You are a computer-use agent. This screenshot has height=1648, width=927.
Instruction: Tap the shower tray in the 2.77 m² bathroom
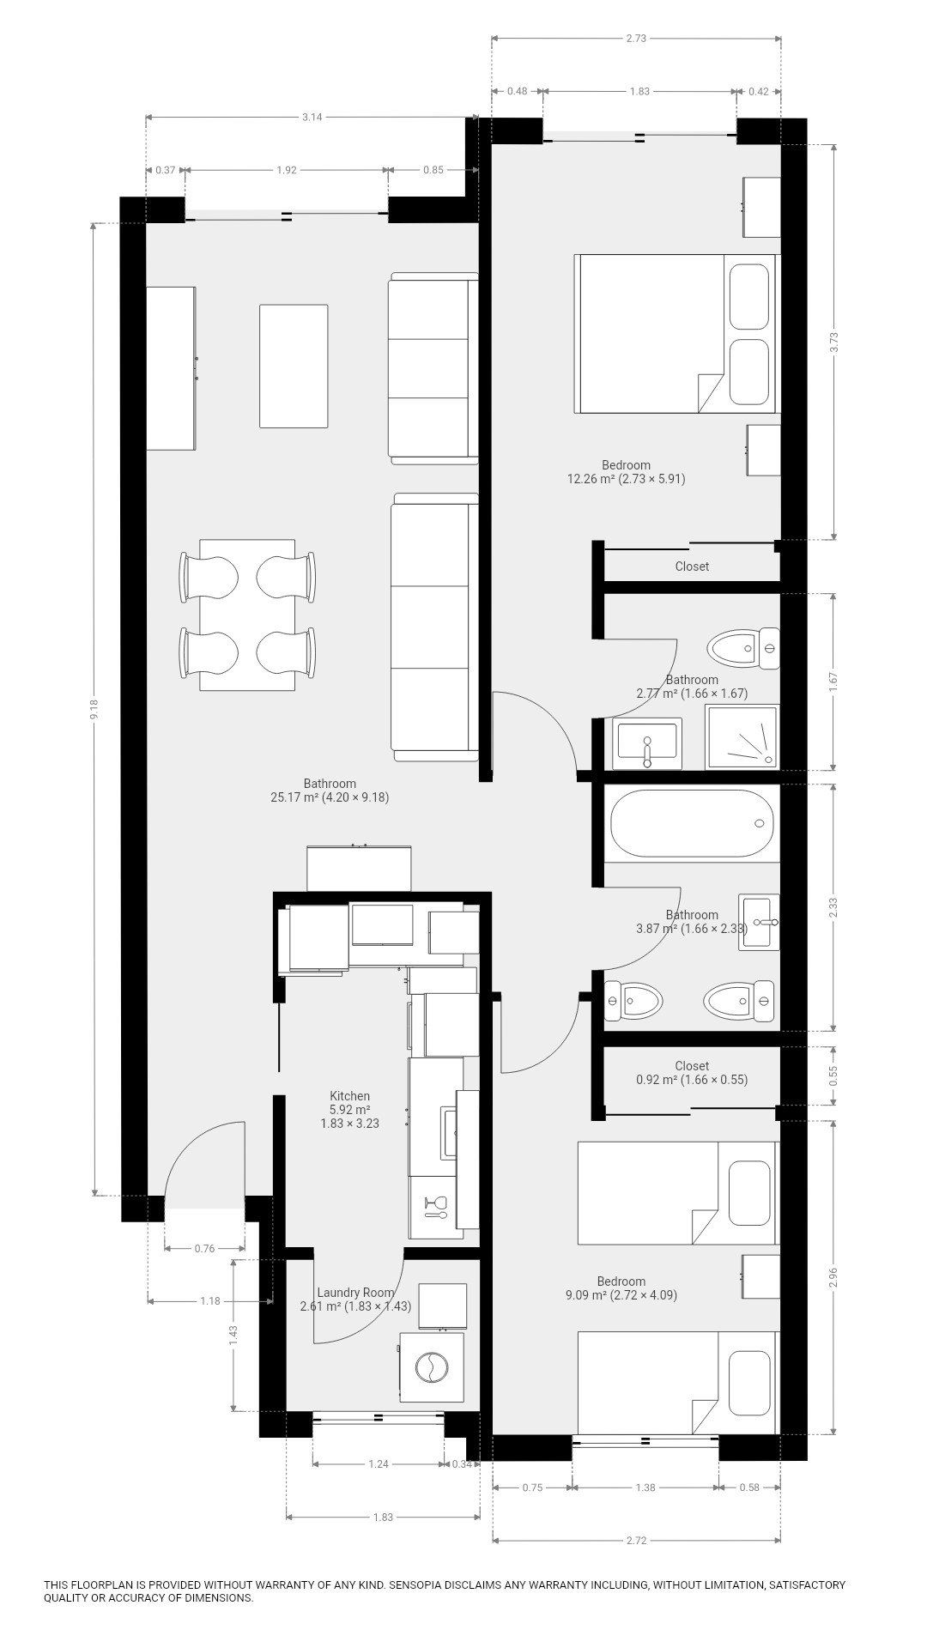[x=742, y=736]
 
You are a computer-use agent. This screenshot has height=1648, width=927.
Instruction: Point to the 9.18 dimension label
[x=94, y=709]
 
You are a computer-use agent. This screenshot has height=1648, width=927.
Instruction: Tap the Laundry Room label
[x=355, y=1292]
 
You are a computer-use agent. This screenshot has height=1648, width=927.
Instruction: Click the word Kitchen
[x=350, y=1095]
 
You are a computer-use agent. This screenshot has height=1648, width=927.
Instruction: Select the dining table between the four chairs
[x=247, y=615]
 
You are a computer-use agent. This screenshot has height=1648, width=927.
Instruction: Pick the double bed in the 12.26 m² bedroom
[x=676, y=333]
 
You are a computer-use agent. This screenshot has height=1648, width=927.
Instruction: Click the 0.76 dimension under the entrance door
[x=204, y=1248]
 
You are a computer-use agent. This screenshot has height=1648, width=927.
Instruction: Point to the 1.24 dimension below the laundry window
[x=379, y=1463]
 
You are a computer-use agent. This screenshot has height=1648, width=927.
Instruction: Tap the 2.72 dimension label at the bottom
[x=636, y=1540]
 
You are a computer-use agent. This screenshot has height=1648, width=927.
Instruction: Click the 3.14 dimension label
[x=312, y=118]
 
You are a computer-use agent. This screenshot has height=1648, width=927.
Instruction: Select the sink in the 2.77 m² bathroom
[x=647, y=743]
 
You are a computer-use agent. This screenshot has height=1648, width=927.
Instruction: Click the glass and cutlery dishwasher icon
[x=435, y=1206]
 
